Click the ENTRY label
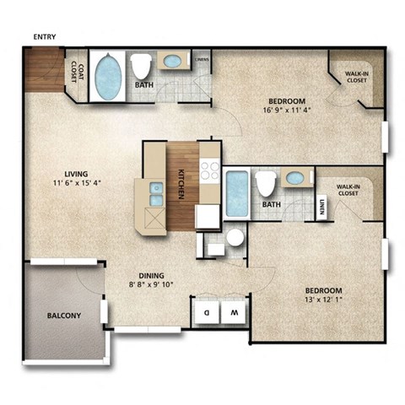pos(44,36)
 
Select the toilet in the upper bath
pos(140,66)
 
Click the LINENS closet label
pos(202,60)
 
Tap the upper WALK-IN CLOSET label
pos(355,78)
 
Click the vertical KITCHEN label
pos(181,185)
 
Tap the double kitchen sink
pos(155,194)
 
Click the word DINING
pos(152,275)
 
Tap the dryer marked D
pos(206,312)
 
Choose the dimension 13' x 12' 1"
pos(323,299)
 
